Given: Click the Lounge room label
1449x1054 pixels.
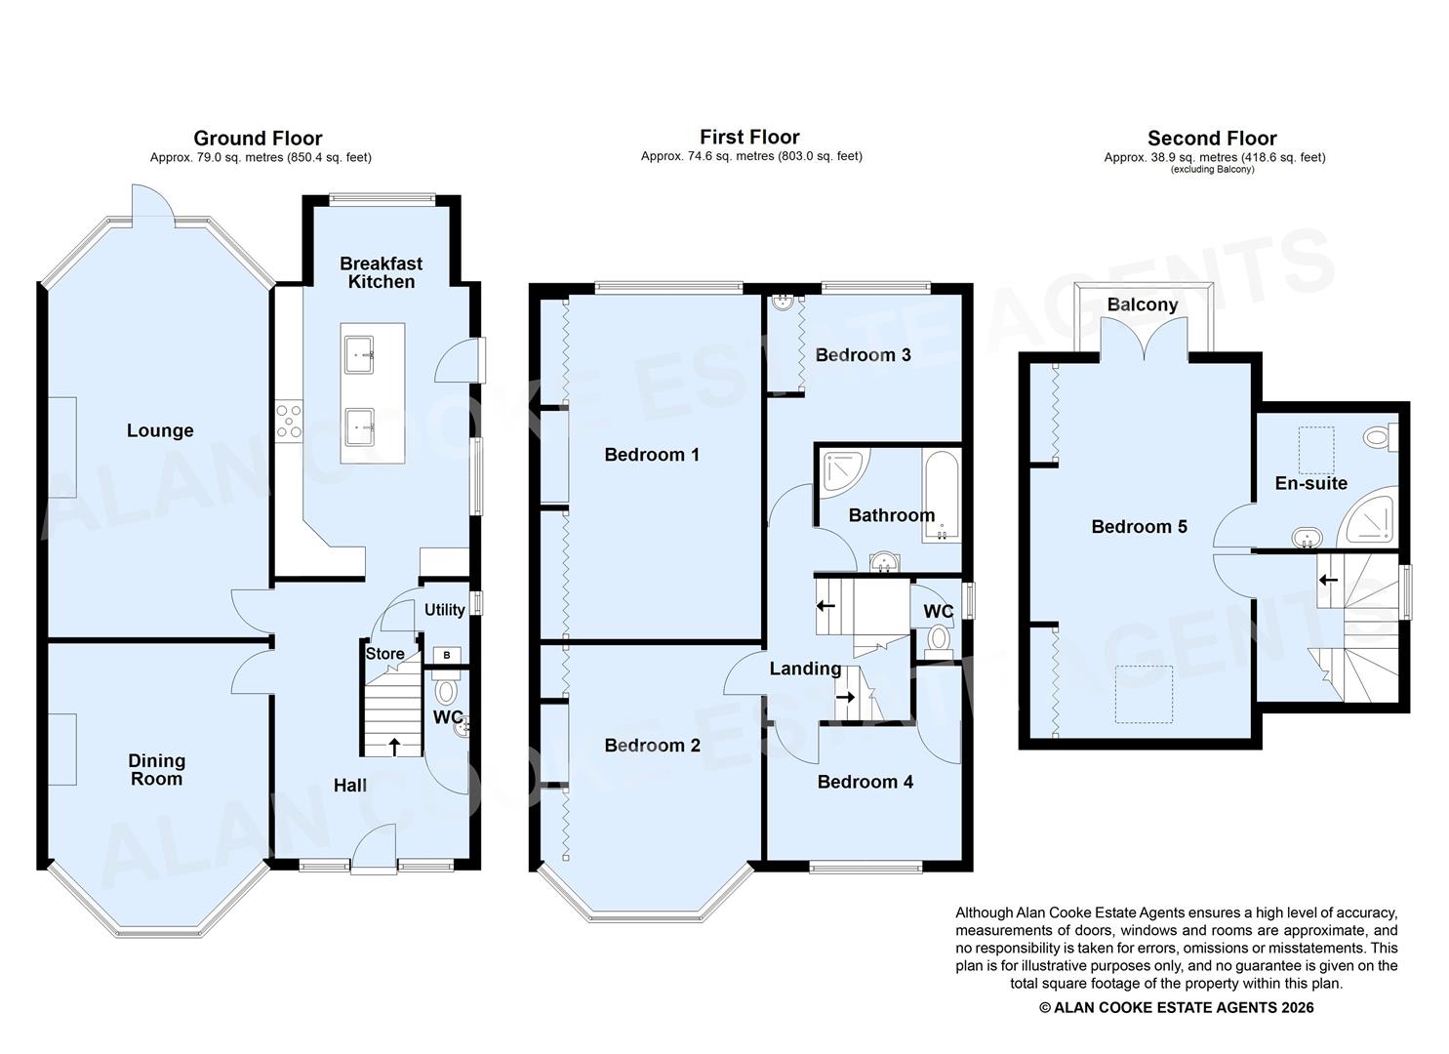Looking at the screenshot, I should click(x=160, y=430).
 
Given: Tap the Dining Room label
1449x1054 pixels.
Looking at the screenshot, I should click(x=156, y=769).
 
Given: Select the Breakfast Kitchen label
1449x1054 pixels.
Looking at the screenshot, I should click(x=381, y=272).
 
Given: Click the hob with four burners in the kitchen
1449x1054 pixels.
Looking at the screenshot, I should click(x=288, y=421).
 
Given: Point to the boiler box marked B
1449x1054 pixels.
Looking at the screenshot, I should click(x=447, y=655).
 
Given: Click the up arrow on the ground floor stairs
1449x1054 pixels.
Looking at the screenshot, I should click(x=394, y=747).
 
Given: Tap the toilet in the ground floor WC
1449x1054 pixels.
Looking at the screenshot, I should click(x=447, y=692).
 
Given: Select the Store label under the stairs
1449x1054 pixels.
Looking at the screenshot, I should click(x=384, y=654).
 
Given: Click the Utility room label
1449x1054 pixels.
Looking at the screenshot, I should click(x=444, y=610).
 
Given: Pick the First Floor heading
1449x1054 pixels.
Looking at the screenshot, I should click(x=749, y=138).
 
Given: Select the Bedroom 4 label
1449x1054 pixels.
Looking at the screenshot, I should click(x=865, y=782).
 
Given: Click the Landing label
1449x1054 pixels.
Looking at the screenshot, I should click(x=805, y=669).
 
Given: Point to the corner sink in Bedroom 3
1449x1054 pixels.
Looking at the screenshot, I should click(x=783, y=304).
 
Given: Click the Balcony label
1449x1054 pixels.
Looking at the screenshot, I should click(x=1143, y=304).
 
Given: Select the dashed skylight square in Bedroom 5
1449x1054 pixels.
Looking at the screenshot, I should click(x=1144, y=694).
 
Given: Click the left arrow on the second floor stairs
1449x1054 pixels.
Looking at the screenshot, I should click(x=1328, y=580).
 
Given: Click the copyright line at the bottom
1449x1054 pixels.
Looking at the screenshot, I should click(x=1176, y=1008).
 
